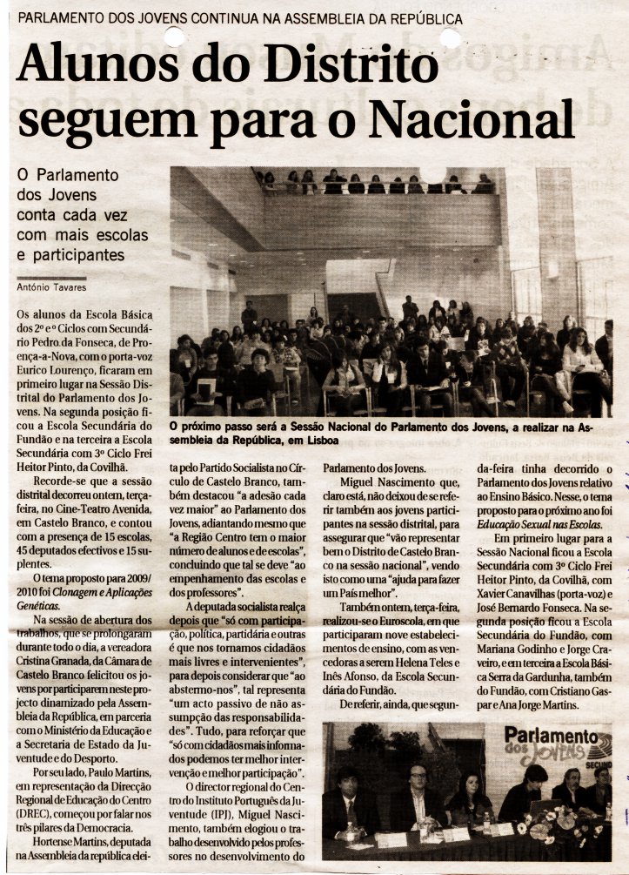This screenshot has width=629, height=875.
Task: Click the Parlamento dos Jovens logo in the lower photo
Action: [x=557, y=745]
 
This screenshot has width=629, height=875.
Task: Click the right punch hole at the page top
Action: [x=450, y=36]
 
